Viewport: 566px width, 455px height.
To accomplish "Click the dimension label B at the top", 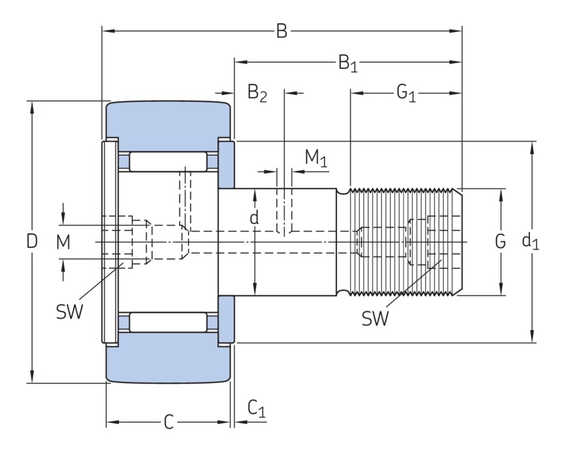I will [282, 31].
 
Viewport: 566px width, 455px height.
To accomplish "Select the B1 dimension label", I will [348, 63].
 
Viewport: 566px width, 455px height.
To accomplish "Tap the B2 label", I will [257, 94].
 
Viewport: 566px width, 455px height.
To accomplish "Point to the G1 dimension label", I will [406, 94].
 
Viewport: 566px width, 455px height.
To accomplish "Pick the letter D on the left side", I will [32, 242].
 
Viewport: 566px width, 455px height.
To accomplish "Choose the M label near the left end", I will [63, 242].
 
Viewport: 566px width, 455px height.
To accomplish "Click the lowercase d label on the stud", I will [255, 218].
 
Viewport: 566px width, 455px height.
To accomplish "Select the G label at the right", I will [500, 242].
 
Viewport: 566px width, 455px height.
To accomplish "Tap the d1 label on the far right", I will [531, 242].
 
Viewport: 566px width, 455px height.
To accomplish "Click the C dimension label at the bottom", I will [169, 422].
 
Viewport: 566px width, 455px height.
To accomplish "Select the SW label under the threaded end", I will [375, 318].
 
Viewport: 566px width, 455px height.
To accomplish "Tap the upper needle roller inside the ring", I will [169, 162].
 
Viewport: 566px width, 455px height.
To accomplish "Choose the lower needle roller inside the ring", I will [169, 322].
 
